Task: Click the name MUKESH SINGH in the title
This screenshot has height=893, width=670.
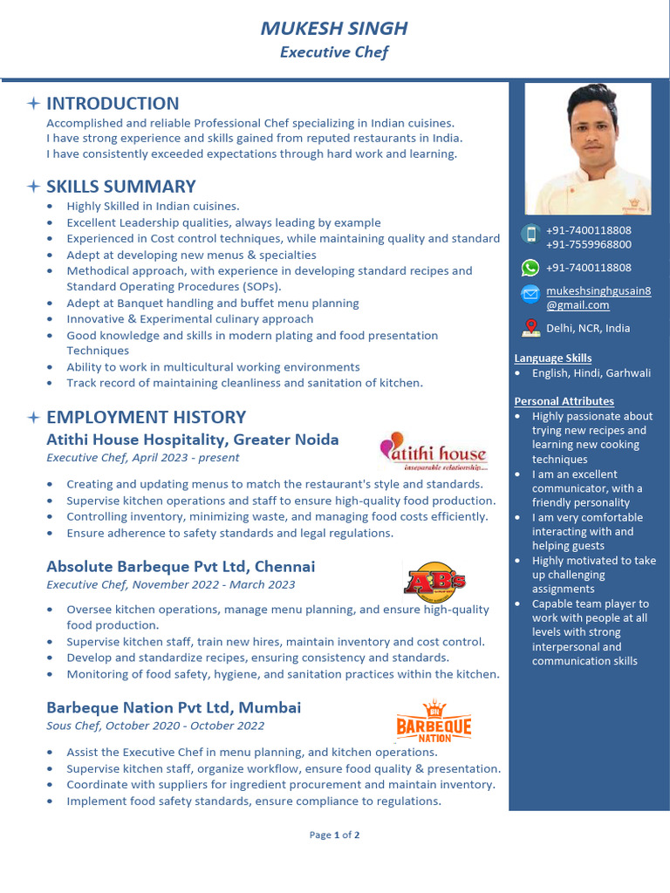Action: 334,28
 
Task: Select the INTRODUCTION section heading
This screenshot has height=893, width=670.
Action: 113,103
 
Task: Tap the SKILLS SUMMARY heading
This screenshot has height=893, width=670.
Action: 120,187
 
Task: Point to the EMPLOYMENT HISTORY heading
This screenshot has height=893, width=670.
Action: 146,417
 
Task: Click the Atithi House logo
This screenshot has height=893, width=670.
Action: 433,451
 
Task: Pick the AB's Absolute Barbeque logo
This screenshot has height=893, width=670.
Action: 434,579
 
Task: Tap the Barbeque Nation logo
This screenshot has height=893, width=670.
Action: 434,722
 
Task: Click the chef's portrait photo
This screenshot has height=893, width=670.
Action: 587,148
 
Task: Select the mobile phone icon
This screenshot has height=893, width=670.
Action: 530,234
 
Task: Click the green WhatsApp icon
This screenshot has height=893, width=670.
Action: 530,268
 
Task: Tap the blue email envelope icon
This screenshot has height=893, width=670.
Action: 530,294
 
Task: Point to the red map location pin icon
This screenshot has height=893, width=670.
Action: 530,328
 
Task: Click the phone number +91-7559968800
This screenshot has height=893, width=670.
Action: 589,245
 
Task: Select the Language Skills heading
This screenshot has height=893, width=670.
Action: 553,358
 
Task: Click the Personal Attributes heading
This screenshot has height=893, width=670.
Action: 564,401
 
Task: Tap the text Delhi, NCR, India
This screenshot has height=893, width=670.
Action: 588,329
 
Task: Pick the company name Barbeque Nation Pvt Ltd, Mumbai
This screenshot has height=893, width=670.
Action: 174,707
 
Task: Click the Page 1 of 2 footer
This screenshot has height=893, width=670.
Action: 335,835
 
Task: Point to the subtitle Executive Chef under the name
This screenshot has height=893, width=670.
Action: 334,52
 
